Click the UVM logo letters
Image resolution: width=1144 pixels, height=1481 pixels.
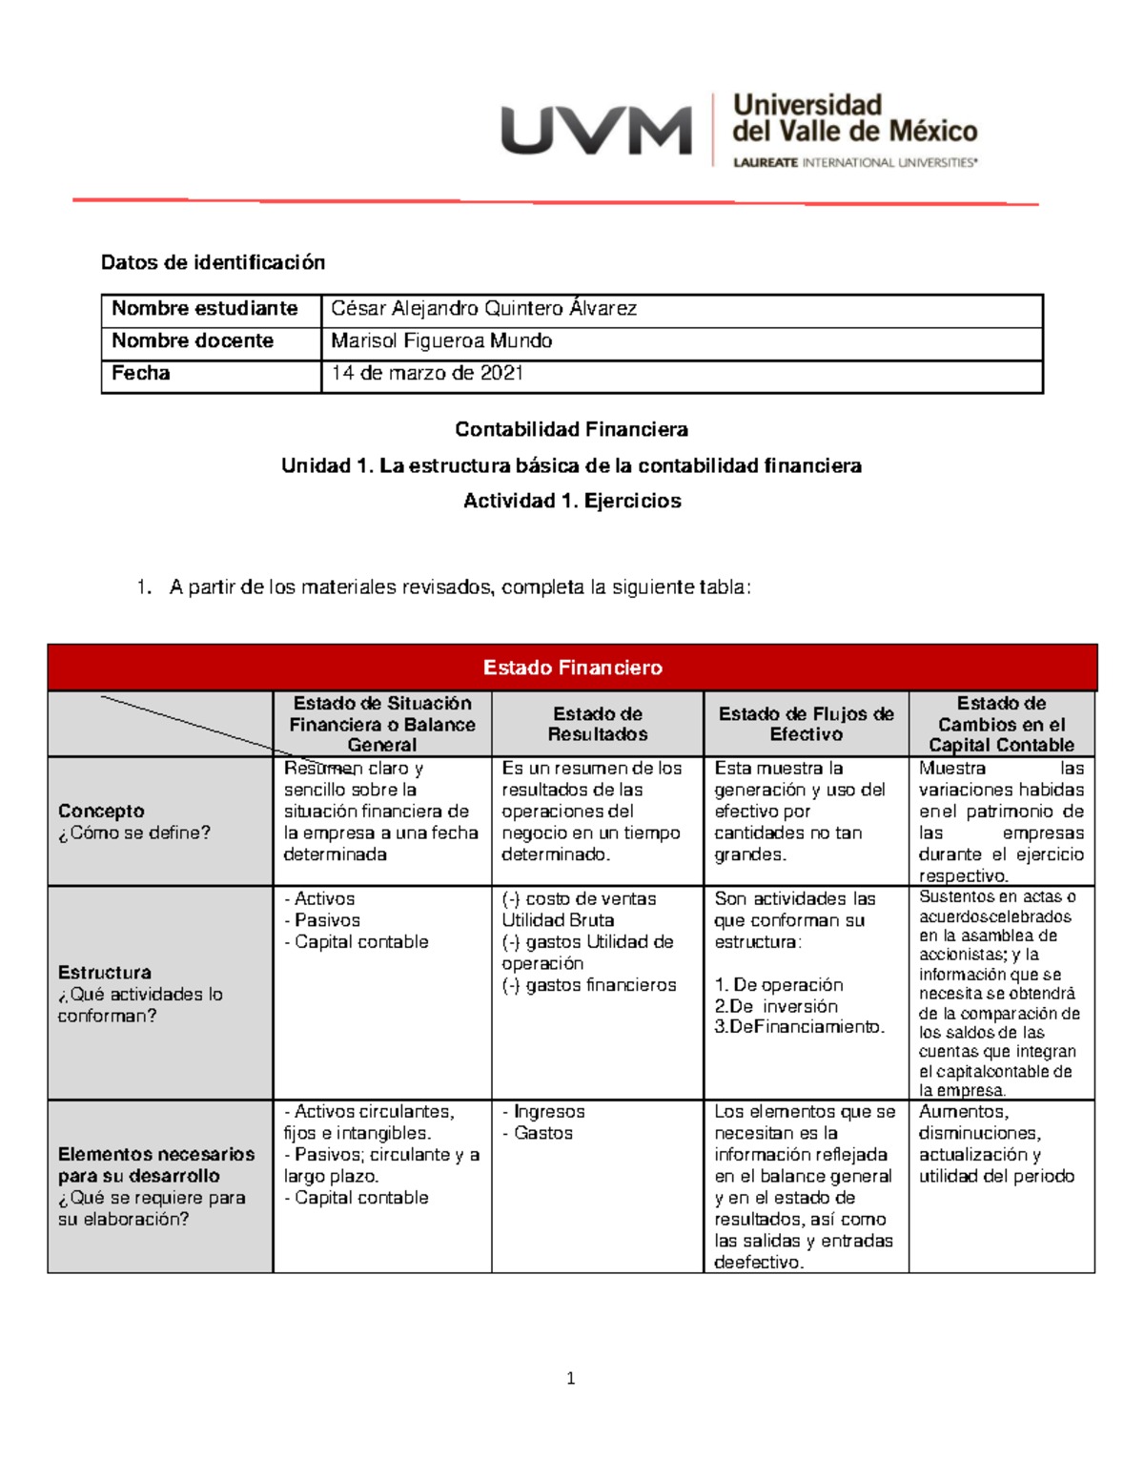(596, 131)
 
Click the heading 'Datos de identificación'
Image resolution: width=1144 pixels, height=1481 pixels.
(213, 262)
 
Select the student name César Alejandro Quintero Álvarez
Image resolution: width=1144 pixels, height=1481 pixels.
(483, 309)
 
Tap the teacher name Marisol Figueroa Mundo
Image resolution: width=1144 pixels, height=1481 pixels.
(441, 341)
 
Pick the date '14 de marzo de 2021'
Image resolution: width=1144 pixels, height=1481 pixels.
(427, 374)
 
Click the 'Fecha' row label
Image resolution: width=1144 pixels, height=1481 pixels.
(141, 374)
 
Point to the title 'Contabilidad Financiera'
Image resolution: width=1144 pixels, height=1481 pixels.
(571, 429)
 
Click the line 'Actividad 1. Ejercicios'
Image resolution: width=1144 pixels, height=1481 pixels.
(571, 501)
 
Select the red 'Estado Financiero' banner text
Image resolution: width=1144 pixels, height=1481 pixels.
(572, 668)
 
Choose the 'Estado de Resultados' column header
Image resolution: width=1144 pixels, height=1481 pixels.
(598, 724)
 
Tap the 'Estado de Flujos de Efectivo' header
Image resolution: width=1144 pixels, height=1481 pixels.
(806, 724)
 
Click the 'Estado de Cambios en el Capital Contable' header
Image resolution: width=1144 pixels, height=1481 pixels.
(1001, 724)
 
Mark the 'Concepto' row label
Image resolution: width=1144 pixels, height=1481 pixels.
(101, 812)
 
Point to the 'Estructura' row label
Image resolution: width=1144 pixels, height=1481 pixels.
(104, 973)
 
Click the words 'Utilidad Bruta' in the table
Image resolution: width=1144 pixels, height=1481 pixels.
(558, 920)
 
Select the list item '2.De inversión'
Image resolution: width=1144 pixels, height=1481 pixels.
(776, 1006)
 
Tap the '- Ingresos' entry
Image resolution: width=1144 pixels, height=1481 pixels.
(543, 1112)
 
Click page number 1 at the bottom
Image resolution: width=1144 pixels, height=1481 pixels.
(570, 1378)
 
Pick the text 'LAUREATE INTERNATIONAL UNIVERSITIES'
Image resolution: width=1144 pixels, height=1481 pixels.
(854, 163)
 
